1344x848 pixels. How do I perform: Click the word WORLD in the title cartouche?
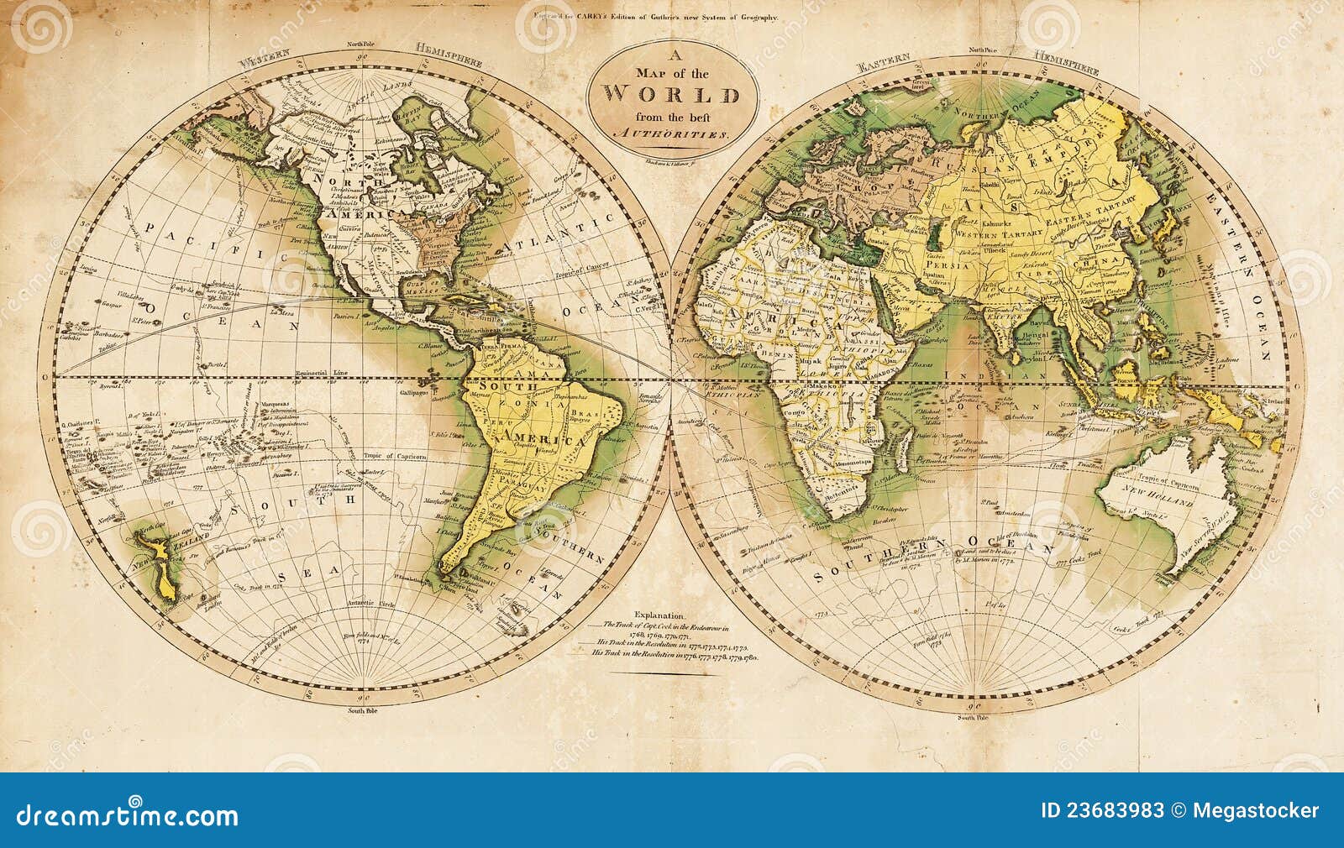672,94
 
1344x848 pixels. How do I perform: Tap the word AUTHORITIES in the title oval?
672,134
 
